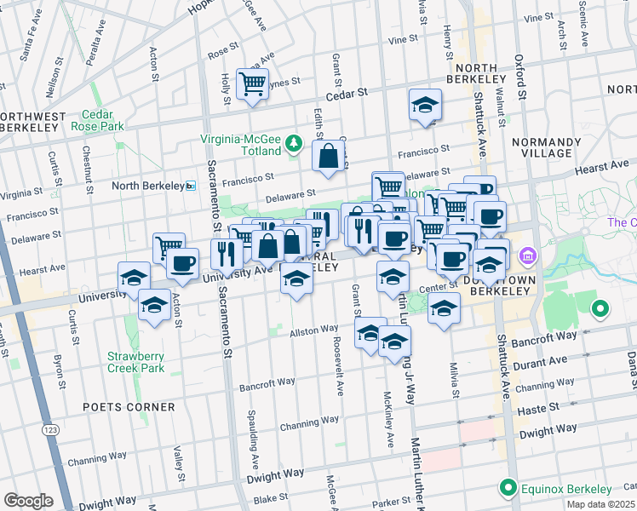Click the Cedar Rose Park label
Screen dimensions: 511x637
103,120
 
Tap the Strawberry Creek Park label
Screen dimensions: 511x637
135,362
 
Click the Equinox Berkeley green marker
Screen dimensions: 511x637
508,489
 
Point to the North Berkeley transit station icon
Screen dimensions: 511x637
191,185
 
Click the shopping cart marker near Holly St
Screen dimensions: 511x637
252,84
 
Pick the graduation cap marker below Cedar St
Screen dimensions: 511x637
425,106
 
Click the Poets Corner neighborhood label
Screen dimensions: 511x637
129,407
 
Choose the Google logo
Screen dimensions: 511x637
28,501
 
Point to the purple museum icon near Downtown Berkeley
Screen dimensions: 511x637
527,255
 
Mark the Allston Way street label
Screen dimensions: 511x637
314,330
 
